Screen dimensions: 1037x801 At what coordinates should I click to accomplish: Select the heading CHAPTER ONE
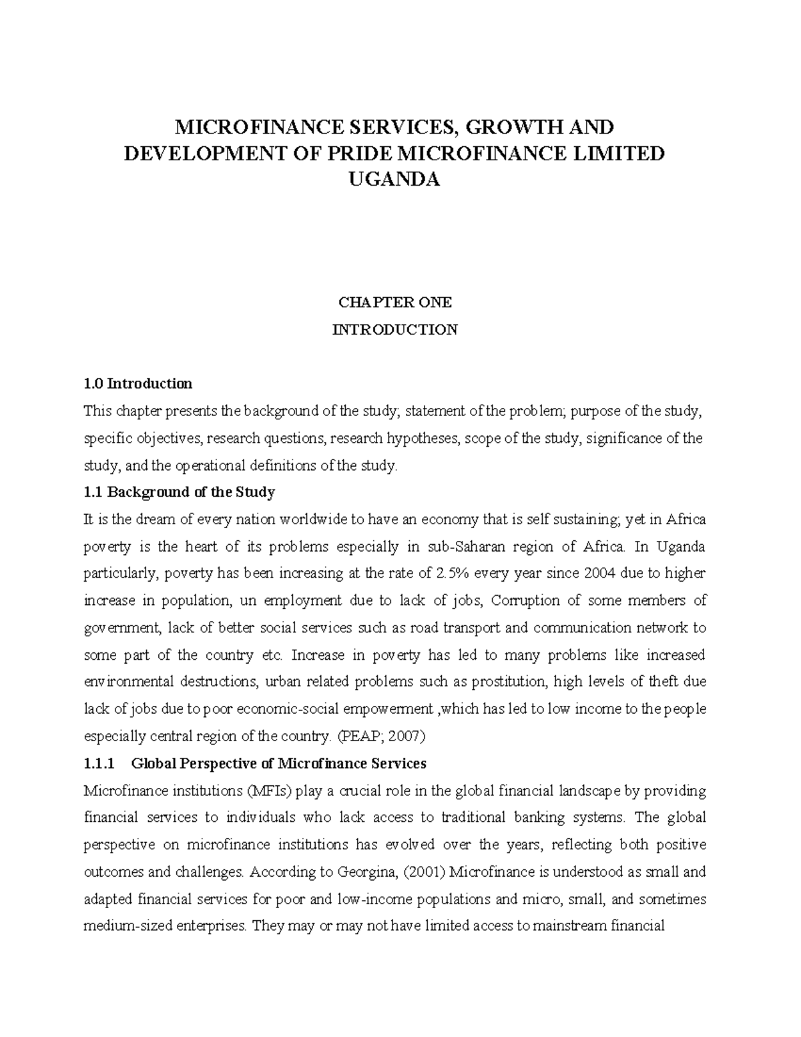(395, 302)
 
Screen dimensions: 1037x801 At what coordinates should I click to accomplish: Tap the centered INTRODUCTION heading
(395, 330)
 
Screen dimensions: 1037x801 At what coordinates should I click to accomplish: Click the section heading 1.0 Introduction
(138, 384)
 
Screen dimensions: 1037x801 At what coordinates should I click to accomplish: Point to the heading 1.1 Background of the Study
(180, 493)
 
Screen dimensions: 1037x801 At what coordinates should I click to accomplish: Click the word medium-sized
(122, 927)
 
